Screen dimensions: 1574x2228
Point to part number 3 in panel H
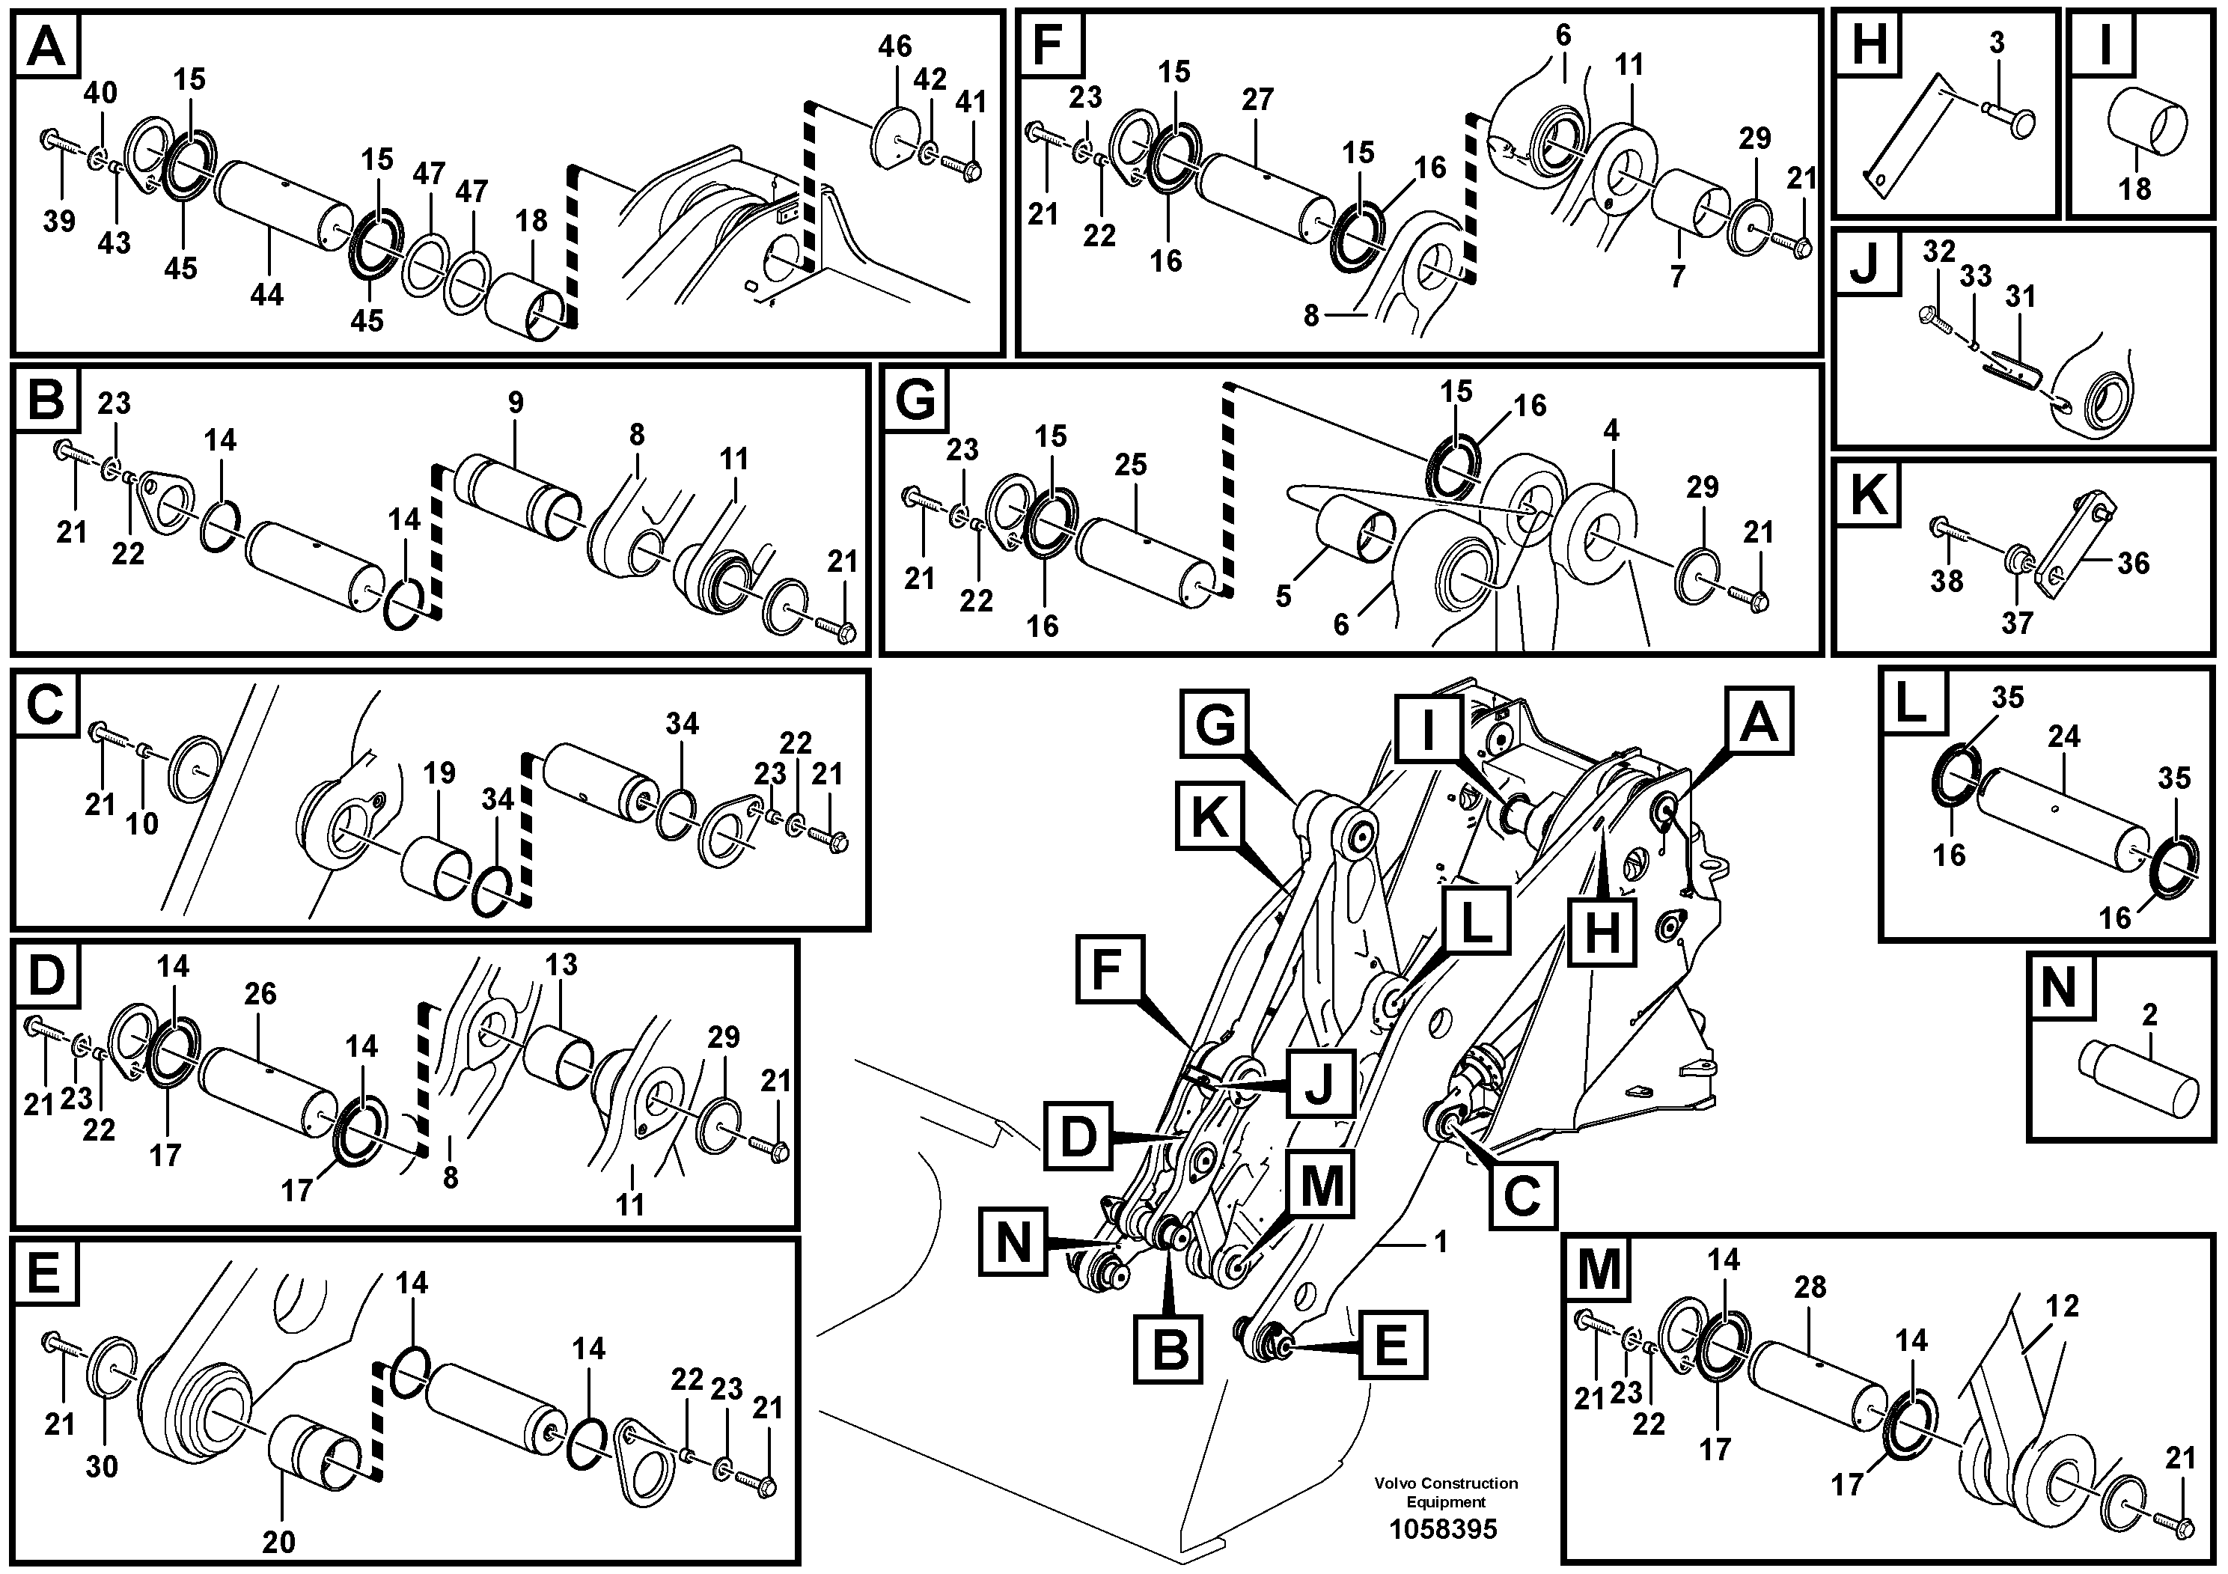point(1996,43)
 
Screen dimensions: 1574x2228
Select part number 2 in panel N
point(2149,1016)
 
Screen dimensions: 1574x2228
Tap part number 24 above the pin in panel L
point(2064,736)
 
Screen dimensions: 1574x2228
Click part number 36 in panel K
point(2133,563)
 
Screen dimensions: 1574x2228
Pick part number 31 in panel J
point(2021,296)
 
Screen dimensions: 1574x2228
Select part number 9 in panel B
point(515,402)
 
